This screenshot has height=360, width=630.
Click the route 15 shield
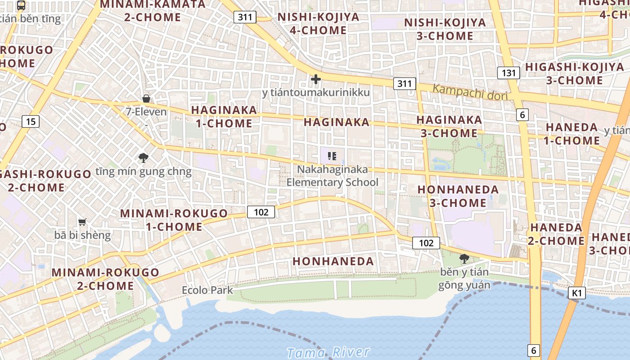(x=30, y=121)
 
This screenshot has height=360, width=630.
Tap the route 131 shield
(x=508, y=73)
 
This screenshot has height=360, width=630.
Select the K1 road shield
(x=577, y=293)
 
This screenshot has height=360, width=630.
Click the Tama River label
(x=328, y=352)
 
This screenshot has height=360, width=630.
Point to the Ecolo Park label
(x=207, y=290)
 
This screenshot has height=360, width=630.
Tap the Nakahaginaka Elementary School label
(x=332, y=176)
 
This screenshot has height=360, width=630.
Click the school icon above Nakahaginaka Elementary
(x=332, y=156)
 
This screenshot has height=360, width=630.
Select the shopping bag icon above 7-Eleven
(x=146, y=99)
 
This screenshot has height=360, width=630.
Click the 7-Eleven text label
(x=146, y=112)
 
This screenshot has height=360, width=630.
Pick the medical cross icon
(x=316, y=80)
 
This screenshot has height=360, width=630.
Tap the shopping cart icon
(x=82, y=222)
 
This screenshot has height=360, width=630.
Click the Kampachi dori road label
(x=469, y=92)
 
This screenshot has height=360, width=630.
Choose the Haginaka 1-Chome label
(x=224, y=117)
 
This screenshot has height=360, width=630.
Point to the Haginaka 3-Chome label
(x=449, y=126)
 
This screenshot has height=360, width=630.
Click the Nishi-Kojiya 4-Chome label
(x=318, y=24)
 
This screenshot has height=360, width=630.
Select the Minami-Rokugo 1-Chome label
(x=174, y=220)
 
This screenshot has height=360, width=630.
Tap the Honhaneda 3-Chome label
(x=458, y=196)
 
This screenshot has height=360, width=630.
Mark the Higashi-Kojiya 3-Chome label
(x=574, y=74)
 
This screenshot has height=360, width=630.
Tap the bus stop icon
(x=21, y=5)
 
